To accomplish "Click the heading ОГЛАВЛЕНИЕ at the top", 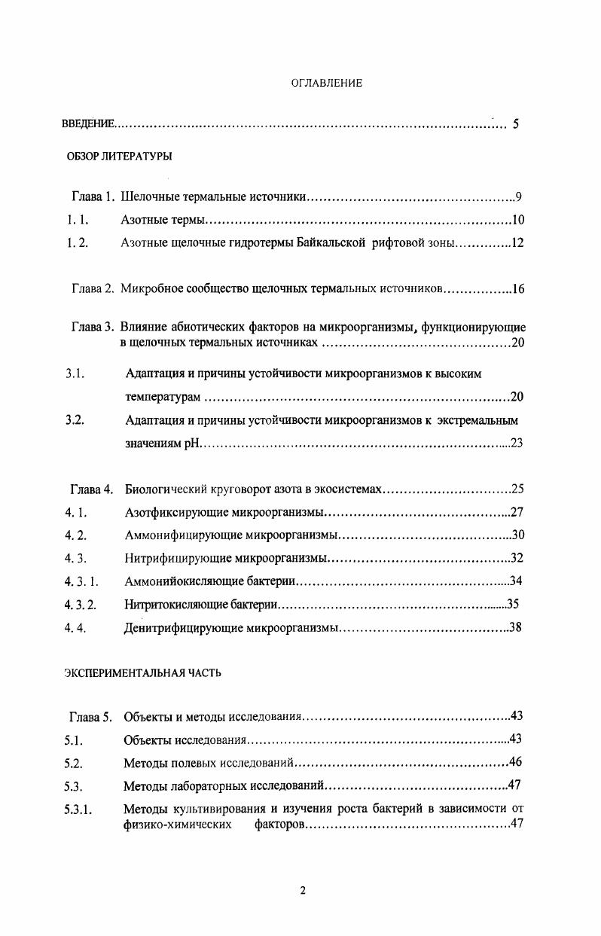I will (x=326, y=84).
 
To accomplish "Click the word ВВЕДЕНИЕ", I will (x=88, y=124).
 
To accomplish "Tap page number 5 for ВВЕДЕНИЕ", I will (x=515, y=124).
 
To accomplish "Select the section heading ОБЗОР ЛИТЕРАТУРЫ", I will (x=119, y=157).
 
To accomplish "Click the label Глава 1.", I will (x=93, y=198).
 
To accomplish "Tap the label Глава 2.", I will (x=93, y=289).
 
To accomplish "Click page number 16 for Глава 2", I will (x=517, y=289).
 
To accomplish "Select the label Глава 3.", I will (x=93, y=328).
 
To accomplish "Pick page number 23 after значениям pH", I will (x=517, y=444).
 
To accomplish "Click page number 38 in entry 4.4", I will (x=516, y=627).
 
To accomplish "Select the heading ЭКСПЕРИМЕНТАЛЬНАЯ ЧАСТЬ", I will (x=142, y=673).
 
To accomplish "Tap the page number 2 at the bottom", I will (x=303, y=891).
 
